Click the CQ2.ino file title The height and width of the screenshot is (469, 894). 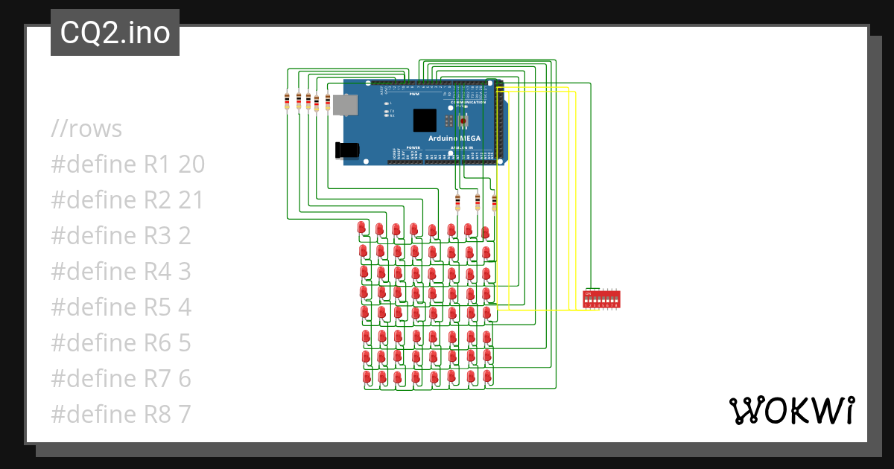[115, 33]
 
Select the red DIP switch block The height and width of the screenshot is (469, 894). [601, 299]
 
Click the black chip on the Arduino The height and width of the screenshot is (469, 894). [424, 121]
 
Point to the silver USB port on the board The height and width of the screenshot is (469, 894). [344, 105]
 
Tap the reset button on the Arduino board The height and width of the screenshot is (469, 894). [463, 120]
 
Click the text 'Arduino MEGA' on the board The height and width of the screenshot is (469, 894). [454, 138]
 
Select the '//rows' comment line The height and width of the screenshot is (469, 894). [86, 129]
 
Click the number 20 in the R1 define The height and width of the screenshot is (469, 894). [191, 165]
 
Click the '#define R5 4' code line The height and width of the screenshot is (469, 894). [121, 307]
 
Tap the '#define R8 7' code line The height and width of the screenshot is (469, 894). [121, 415]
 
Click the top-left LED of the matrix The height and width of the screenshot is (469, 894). [362, 226]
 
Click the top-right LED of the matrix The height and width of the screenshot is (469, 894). [485, 232]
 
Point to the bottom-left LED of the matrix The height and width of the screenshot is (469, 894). [367, 377]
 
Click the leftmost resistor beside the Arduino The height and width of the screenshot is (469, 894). [288, 100]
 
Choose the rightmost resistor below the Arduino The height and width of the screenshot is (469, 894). [494, 201]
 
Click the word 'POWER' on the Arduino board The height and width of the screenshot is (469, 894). [413, 148]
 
